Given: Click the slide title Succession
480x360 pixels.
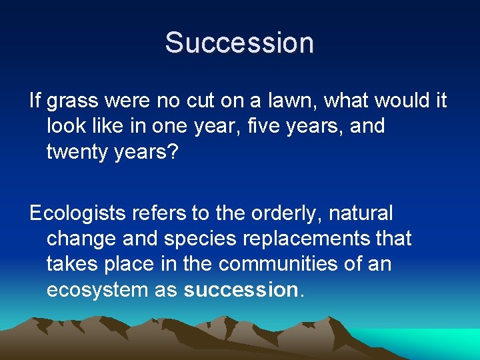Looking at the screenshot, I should (239, 42).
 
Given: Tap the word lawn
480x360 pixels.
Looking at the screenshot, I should (284, 101).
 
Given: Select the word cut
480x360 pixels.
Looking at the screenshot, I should (202, 101).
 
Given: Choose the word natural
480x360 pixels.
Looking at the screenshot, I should (363, 214).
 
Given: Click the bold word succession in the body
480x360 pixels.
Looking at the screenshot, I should (239, 290).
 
